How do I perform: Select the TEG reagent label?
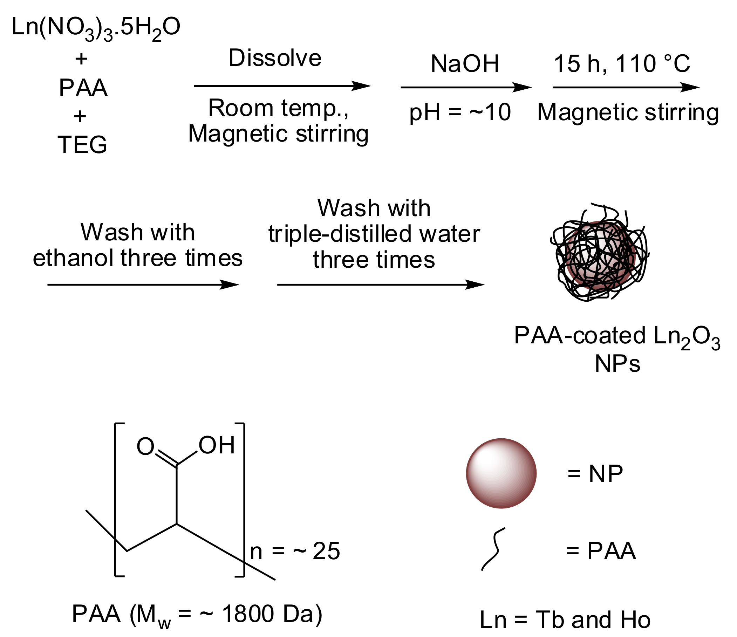[x=82, y=145]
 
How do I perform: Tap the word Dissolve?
[x=275, y=58]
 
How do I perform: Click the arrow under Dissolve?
[x=282, y=86]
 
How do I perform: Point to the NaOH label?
[x=465, y=64]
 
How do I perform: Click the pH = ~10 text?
[x=460, y=112]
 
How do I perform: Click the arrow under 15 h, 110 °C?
[x=626, y=87]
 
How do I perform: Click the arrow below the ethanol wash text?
[x=142, y=285]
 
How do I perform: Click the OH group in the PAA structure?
[x=217, y=445]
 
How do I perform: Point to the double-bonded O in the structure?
[x=145, y=447]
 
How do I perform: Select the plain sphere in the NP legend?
[x=501, y=473]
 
